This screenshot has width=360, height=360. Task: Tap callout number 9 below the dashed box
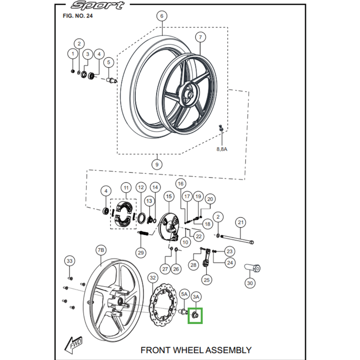(x=157, y=165)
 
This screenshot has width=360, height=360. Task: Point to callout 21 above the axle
(x=241, y=222)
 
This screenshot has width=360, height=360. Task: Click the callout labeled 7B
(x=101, y=250)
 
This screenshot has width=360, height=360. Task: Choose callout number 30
(x=250, y=283)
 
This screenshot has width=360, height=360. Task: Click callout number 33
(x=69, y=261)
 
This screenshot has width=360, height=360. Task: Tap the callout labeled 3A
(x=196, y=297)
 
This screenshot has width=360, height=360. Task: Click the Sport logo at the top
(x=98, y=6)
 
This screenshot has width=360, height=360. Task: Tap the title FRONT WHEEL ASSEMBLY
(x=196, y=350)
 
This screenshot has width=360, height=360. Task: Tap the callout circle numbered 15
(x=168, y=196)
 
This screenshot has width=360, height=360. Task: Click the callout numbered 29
(x=141, y=253)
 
